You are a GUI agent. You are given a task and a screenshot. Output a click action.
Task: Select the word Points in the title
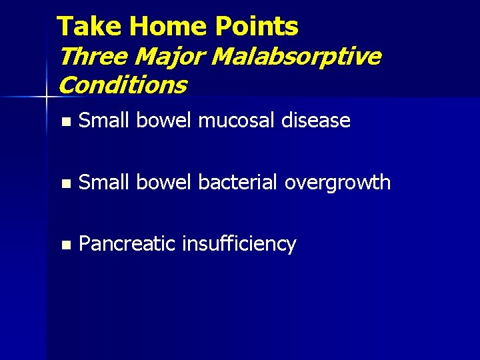257,27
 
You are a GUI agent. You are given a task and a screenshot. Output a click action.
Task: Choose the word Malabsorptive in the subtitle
296,57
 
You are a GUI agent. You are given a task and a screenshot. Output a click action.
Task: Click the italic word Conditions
123,85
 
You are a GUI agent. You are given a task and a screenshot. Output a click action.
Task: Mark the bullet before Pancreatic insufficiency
64,245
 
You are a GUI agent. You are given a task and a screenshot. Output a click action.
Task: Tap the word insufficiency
239,245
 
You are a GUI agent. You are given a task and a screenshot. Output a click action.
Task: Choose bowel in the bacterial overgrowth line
163,182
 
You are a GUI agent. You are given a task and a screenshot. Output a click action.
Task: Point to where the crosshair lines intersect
46,97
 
